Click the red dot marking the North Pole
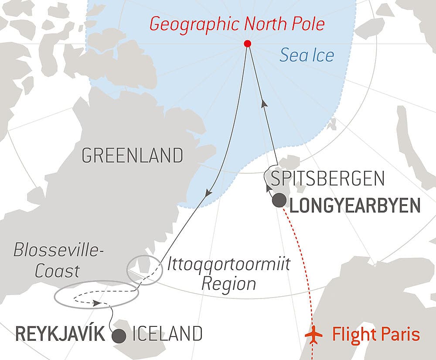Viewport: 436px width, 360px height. (248, 43)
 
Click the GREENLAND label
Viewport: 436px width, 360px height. (132, 155)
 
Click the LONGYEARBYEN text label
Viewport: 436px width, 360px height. (355, 206)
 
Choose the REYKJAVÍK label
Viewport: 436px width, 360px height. (60, 335)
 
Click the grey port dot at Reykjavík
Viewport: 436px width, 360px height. (119, 336)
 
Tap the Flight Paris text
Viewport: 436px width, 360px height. (376, 335)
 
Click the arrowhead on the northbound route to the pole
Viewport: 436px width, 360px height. (263, 103)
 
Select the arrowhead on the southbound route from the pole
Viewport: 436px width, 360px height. (209, 192)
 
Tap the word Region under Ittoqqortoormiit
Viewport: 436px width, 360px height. (229, 284)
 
